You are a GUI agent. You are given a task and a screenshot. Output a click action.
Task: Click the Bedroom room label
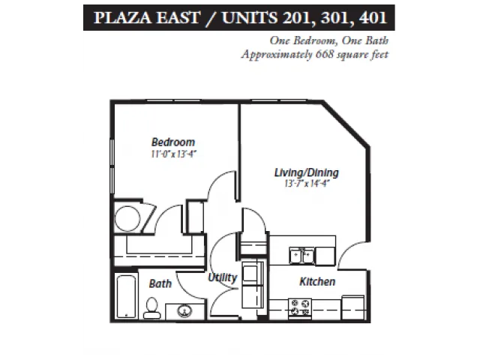(173, 142)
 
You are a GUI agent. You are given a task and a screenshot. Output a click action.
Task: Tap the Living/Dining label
(307, 172)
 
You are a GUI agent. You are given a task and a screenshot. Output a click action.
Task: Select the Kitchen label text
(317, 282)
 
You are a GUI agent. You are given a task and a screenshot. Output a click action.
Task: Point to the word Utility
(223, 277)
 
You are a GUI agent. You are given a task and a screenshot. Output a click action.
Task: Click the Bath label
(160, 283)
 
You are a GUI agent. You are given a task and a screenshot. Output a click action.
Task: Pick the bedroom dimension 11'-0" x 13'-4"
(173, 154)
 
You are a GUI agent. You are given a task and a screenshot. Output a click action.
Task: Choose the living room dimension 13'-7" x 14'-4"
(307, 183)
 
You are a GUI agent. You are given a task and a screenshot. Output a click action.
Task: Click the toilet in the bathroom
(151, 308)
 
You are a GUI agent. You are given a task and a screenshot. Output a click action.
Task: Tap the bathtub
(126, 297)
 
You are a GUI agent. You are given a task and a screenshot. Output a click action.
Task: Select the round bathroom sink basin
(185, 311)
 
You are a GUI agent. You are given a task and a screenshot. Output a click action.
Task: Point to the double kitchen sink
(301, 255)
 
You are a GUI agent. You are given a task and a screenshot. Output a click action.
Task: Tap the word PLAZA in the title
(122, 17)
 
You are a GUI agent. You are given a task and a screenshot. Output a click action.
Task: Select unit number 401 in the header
(373, 17)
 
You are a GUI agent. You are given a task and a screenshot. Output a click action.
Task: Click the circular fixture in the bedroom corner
(127, 218)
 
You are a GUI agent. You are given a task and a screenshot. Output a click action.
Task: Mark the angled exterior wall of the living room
(346, 124)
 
